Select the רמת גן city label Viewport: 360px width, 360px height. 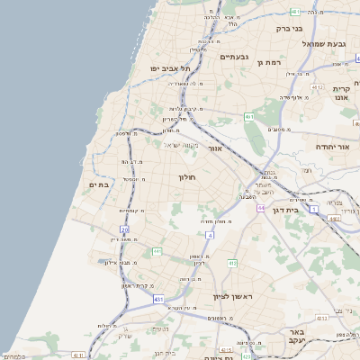tap(270, 63)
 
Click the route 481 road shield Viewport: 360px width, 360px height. tap(295, 11)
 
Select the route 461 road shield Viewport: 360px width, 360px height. tap(249, 117)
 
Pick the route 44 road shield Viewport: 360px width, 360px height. tap(260, 208)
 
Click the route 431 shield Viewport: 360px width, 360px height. tap(158, 298)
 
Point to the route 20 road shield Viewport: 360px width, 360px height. tap(125, 230)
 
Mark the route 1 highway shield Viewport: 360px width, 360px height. tap(314, 209)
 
